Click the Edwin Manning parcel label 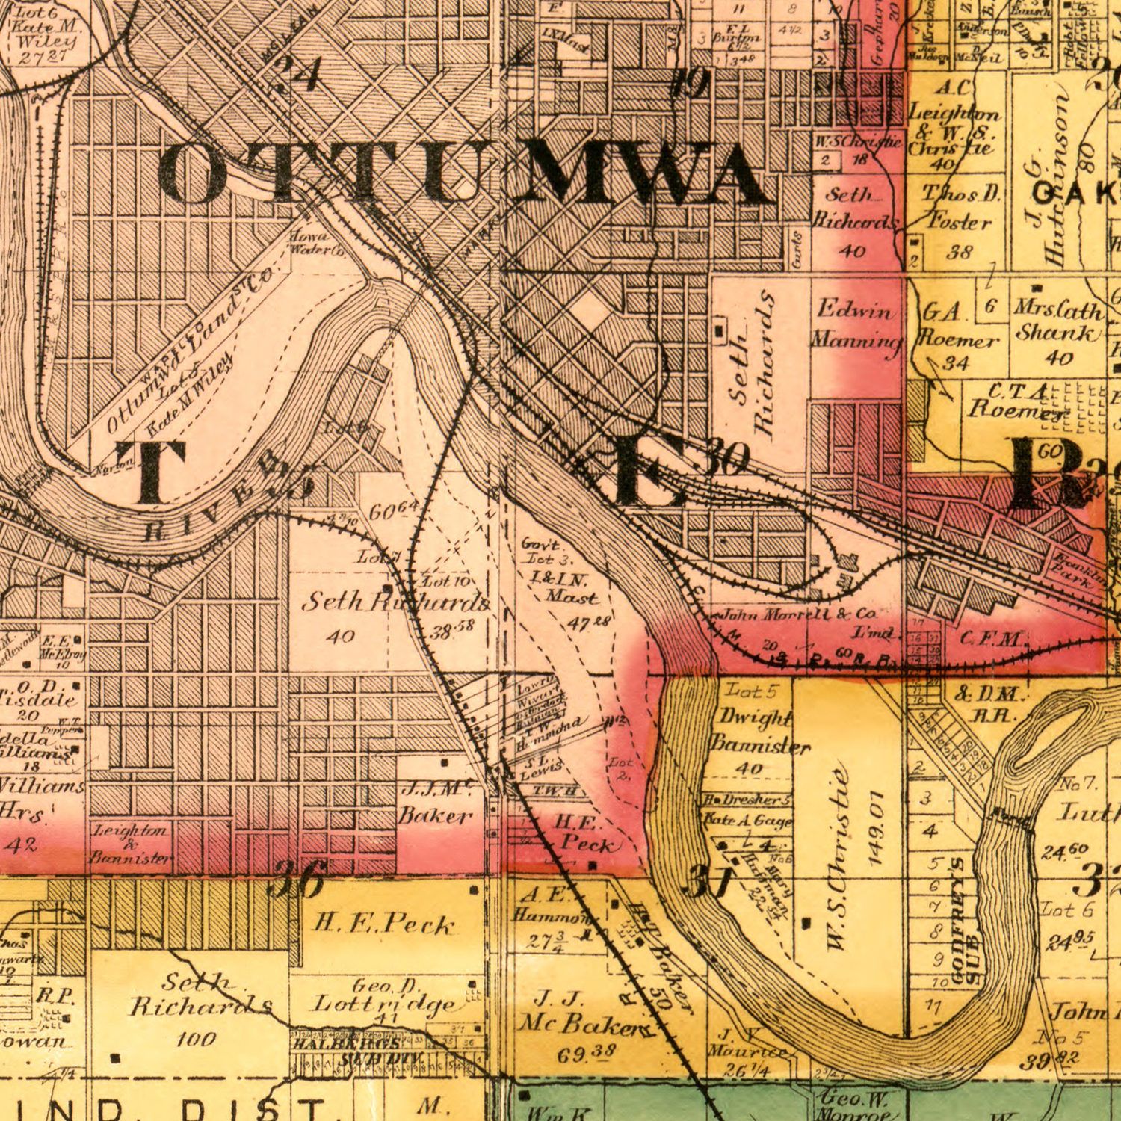[x=856, y=324]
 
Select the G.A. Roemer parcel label [x=956, y=327]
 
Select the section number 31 [x=705, y=880]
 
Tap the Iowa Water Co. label [x=315, y=244]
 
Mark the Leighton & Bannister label [x=131, y=844]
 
